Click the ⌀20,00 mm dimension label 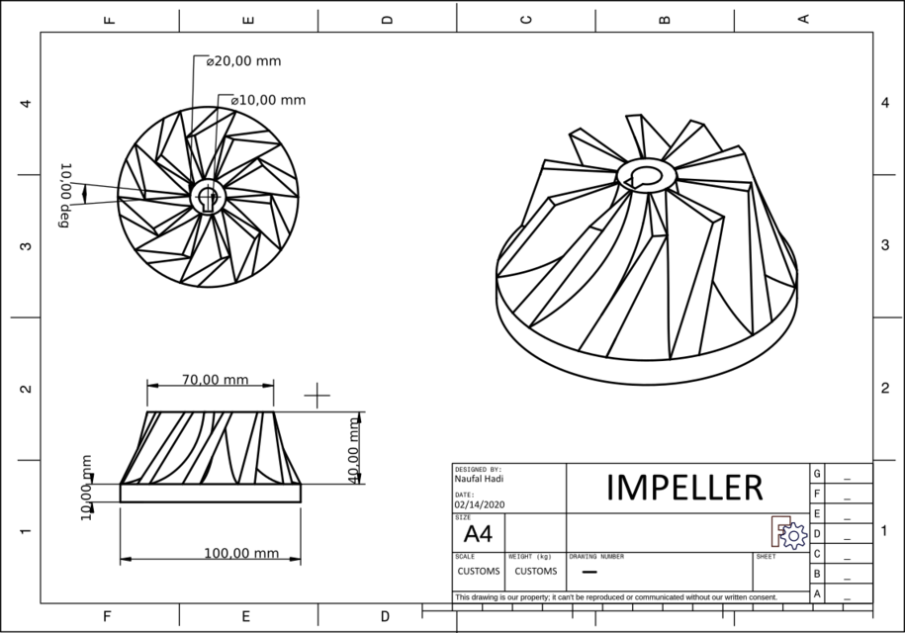coord(243,61)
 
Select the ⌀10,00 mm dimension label coord(268,100)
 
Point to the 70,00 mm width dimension coord(215,380)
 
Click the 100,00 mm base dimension coord(240,553)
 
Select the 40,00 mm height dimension coord(354,450)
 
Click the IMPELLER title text coord(684,487)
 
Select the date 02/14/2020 coord(480,504)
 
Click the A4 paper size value coord(478,535)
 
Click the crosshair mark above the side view coord(317,396)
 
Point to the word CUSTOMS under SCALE coord(478,571)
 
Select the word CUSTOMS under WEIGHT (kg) coord(535,571)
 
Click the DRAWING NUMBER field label coord(596,557)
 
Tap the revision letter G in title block coord(816,474)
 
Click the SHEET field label coord(767,557)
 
